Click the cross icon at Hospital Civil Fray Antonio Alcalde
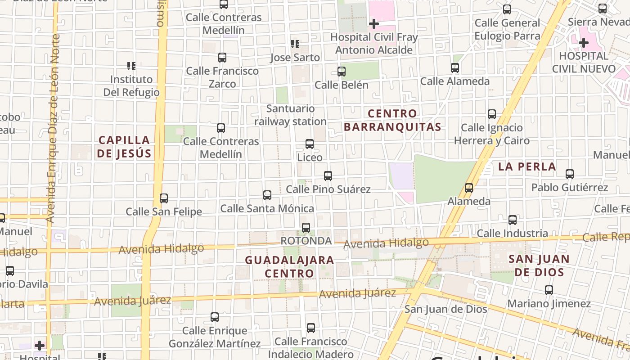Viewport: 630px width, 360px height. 374,24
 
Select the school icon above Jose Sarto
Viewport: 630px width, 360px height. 295,44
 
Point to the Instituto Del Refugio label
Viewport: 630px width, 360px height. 131,86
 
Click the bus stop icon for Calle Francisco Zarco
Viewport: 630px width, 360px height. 222,58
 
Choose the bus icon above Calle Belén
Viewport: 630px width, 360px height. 342,72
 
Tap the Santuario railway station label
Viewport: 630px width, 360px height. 291,115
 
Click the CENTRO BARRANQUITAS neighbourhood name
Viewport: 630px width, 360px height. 393,120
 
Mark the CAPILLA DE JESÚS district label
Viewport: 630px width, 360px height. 124,147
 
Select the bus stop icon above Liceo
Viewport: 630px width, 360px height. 310,144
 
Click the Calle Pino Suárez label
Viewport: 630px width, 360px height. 328,189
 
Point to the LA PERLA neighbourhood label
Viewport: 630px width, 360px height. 527,166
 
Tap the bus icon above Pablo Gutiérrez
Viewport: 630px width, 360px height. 570,174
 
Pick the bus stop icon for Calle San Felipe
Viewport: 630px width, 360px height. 164,198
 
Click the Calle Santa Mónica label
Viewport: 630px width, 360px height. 267,208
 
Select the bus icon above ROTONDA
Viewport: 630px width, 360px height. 306,228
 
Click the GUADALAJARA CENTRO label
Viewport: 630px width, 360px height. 289,266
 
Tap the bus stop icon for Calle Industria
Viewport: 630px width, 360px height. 513,220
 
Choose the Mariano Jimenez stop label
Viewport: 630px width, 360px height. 549,304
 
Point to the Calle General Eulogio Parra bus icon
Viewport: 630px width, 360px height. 507,9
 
